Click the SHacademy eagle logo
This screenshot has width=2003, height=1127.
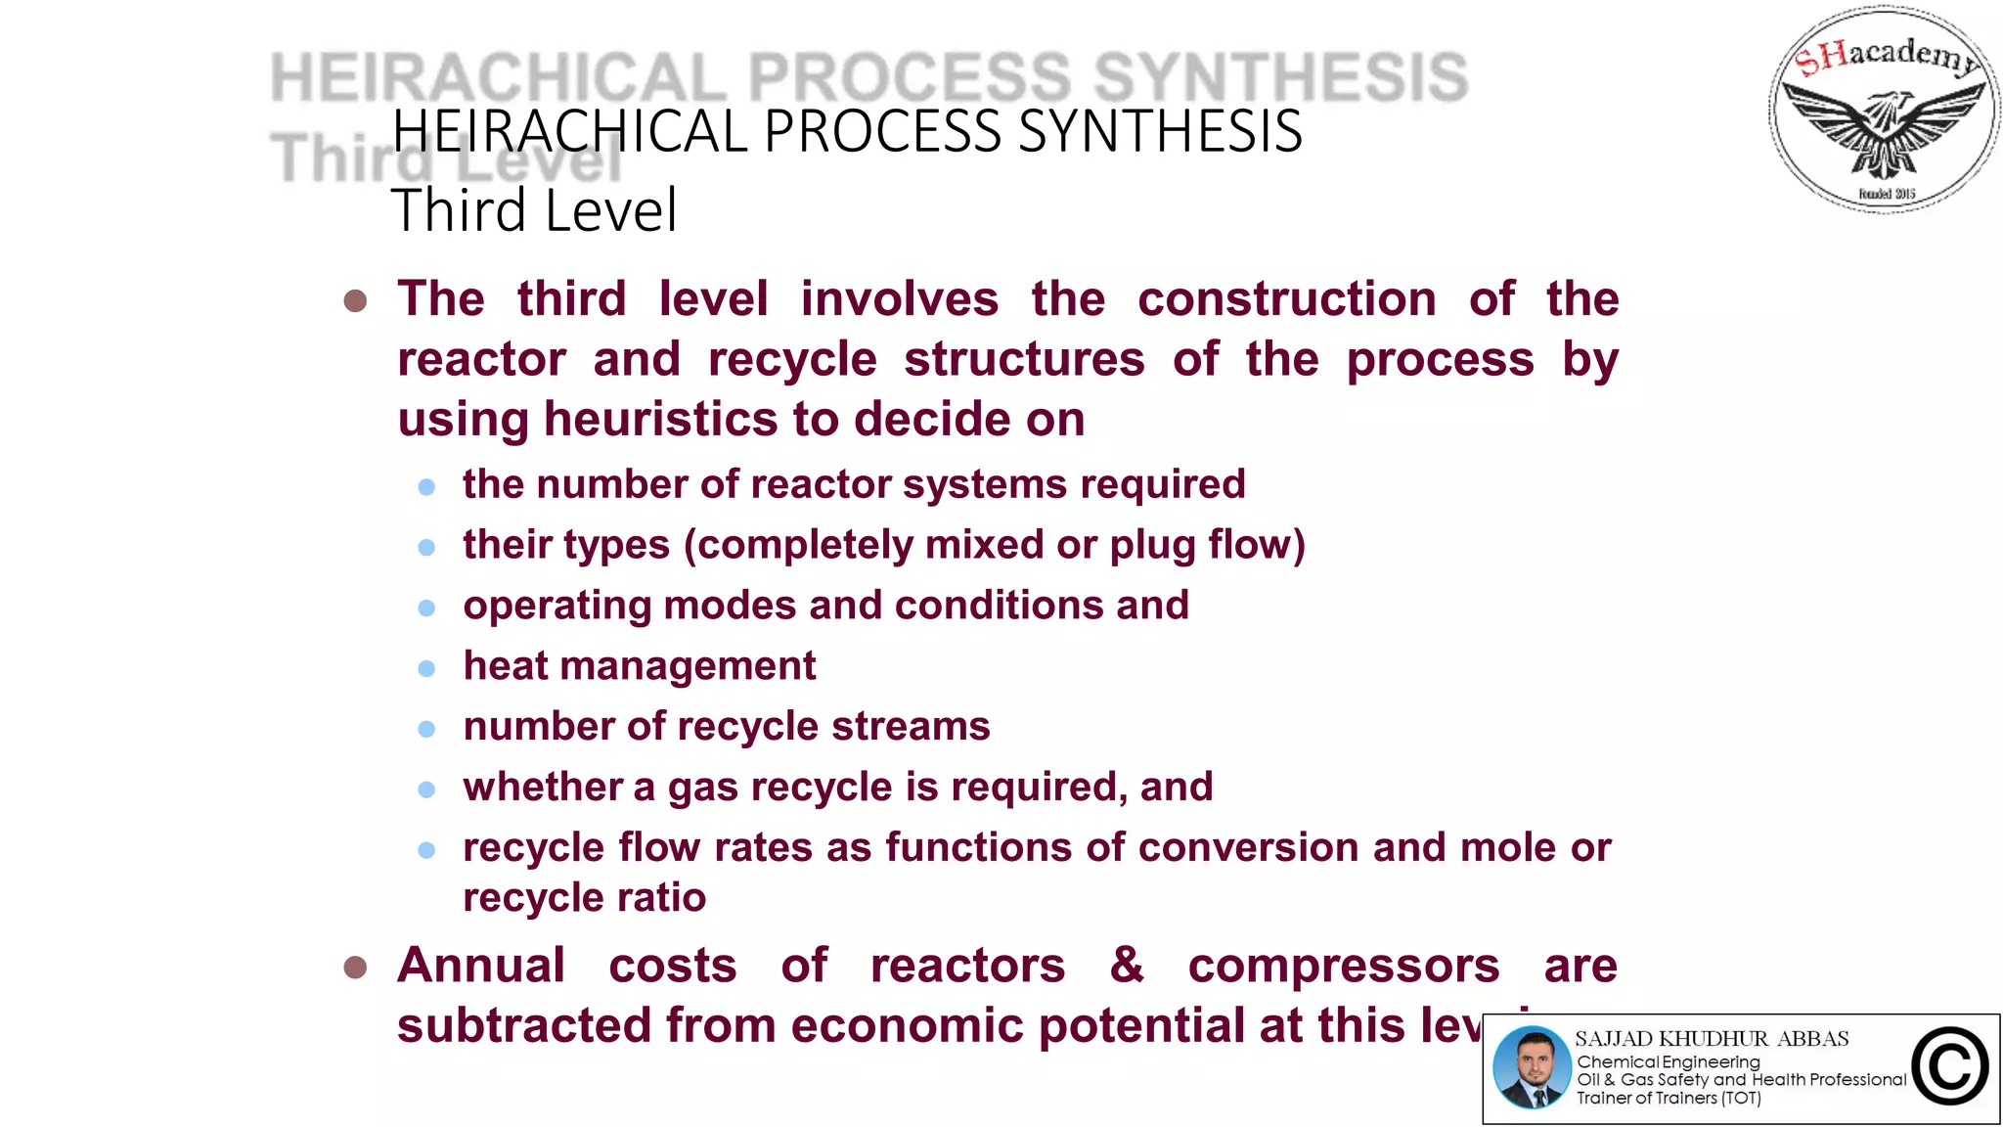click(x=1884, y=110)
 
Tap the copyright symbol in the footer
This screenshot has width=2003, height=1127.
click(x=1950, y=1067)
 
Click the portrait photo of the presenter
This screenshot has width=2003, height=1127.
click(x=1532, y=1068)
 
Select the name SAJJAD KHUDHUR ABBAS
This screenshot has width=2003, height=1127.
click(x=1712, y=1039)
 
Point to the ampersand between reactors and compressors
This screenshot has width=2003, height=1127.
click(x=1127, y=965)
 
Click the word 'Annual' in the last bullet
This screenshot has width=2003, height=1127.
click(x=481, y=966)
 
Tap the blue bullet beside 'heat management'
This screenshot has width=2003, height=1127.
click(x=426, y=668)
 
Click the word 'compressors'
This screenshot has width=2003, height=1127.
click(x=1343, y=967)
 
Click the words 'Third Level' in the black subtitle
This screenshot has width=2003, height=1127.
click(x=534, y=210)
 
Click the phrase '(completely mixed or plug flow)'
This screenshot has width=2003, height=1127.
click(x=994, y=545)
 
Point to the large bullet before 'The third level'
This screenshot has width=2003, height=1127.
click(x=355, y=300)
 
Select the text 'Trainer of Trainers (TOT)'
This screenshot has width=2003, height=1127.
click(x=1669, y=1099)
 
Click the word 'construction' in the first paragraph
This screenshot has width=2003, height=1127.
click(x=1287, y=299)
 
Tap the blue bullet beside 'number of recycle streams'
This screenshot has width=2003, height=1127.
click(x=426, y=729)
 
